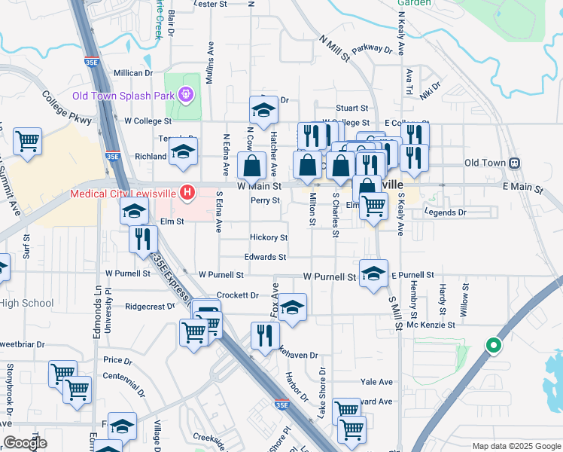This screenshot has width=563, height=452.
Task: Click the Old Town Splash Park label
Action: click(x=123, y=96)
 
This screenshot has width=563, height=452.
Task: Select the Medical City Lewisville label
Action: click(x=123, y=193)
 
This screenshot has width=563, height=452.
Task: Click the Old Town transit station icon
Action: click(x=516, y=163)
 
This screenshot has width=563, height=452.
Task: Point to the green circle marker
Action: click(x=494, y=346)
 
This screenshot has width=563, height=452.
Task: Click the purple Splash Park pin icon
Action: click(x=184, y=96)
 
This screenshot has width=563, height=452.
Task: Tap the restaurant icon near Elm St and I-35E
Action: click(x=143, y=239)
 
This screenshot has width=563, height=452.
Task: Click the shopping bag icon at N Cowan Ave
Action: click(x=252, y=166)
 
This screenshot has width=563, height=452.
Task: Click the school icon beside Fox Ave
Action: click(x=292, y=307)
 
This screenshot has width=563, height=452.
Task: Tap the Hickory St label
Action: click(x=269, y=237)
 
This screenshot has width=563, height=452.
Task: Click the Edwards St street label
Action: click(x=265, y=257)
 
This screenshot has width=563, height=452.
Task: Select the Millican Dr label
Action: click(x=133, y=73)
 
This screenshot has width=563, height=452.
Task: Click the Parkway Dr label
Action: click(x=372, y=49)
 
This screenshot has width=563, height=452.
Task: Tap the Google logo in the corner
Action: click(x=25, y=443)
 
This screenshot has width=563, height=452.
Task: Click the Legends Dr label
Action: click(x=446, y=212)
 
